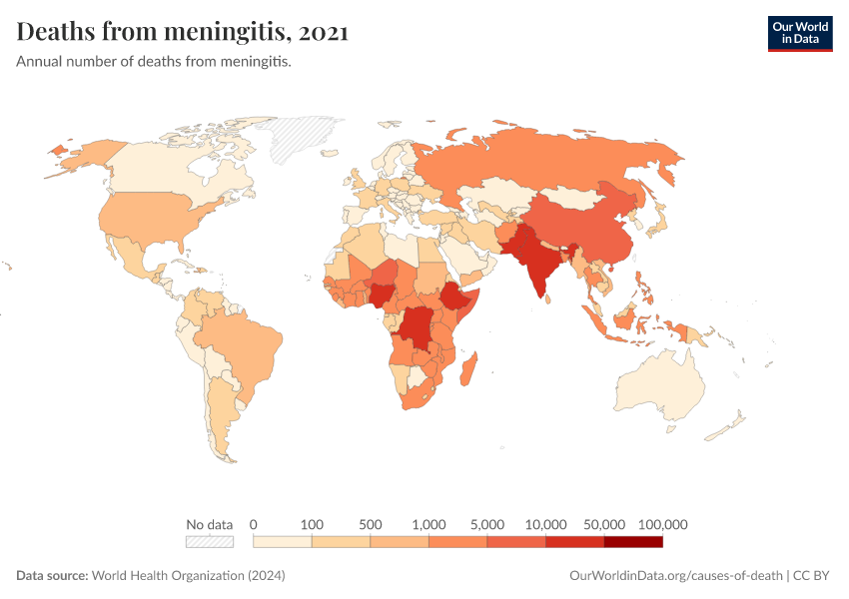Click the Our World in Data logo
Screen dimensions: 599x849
[799, 32]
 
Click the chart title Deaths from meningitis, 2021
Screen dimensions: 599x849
[183, 32]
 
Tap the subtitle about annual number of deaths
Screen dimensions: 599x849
[153, 62]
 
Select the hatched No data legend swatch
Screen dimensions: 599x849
[210, 541]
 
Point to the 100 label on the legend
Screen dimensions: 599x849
[313, 524]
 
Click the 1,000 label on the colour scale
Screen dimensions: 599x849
[428, 524]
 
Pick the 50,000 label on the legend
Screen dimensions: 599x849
[603, 524]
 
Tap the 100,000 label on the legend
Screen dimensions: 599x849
[662, 524]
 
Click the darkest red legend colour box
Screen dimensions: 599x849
[633, 541]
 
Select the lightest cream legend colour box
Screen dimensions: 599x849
[283, 541]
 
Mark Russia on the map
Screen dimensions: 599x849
[559, 160]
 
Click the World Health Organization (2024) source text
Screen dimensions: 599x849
[189, 576]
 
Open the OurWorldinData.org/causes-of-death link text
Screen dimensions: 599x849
[674, 576]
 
